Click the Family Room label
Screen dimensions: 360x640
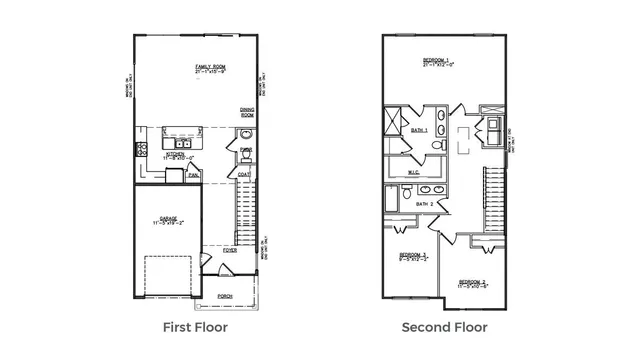211,67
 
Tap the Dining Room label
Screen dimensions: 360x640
246,112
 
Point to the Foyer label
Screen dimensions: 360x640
230,250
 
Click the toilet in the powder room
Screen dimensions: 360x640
245,134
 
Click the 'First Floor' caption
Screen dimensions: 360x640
194,327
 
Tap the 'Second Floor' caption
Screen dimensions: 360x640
444,327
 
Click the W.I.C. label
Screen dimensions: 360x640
413,172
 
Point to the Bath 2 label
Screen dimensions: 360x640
424,204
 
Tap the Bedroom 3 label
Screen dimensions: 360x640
413,255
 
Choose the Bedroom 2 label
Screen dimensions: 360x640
472,283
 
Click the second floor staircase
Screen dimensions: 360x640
491,200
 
